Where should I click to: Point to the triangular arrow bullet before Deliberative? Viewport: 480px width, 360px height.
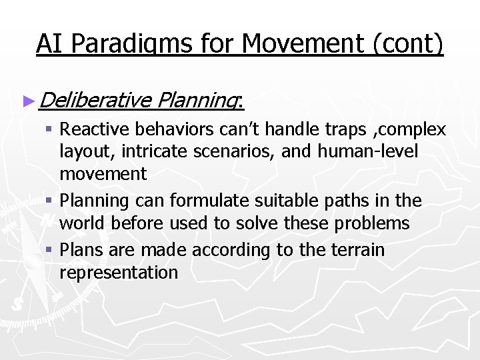(x=27, y=101)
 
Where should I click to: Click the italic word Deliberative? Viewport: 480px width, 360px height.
(x=95, y=101)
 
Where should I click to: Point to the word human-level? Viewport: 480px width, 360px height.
(x=368, y=151)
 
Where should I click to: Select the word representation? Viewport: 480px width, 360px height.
(x=119, y=273)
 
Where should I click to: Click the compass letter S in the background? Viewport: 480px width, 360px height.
(x=17, y=303)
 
